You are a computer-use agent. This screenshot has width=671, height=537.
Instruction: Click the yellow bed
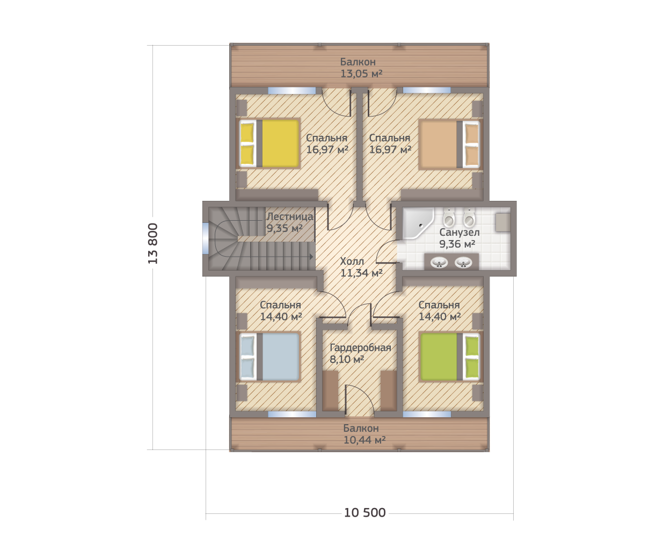(269, 143)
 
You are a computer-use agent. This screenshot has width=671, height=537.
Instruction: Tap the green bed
(450, 357)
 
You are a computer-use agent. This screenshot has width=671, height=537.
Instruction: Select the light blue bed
(269, 357)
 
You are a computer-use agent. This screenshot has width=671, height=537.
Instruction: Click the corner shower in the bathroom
(418, 223)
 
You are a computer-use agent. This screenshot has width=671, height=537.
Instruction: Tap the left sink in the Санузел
(439, 263)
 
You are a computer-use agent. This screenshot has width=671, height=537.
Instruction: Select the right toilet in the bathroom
(469, 217)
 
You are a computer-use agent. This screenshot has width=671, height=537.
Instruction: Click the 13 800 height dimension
(153, 243)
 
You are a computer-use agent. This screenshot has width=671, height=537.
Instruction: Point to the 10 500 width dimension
(365, 513)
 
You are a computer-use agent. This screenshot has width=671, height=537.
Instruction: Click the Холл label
(352, 261)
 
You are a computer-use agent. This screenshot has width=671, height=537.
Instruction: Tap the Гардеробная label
(360, 348)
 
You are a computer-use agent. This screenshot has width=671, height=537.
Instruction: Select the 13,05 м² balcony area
(361, 74)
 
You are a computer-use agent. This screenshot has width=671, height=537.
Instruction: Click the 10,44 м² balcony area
(364, 440)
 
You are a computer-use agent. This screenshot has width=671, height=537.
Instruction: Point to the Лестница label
(290, 216)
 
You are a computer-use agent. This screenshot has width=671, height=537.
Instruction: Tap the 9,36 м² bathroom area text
(457, 244)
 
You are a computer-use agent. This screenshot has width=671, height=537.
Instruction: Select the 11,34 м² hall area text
(361, 273)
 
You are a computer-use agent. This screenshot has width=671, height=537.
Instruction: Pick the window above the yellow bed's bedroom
(292, 91)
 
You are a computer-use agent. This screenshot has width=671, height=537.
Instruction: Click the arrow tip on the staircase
(313, 257)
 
